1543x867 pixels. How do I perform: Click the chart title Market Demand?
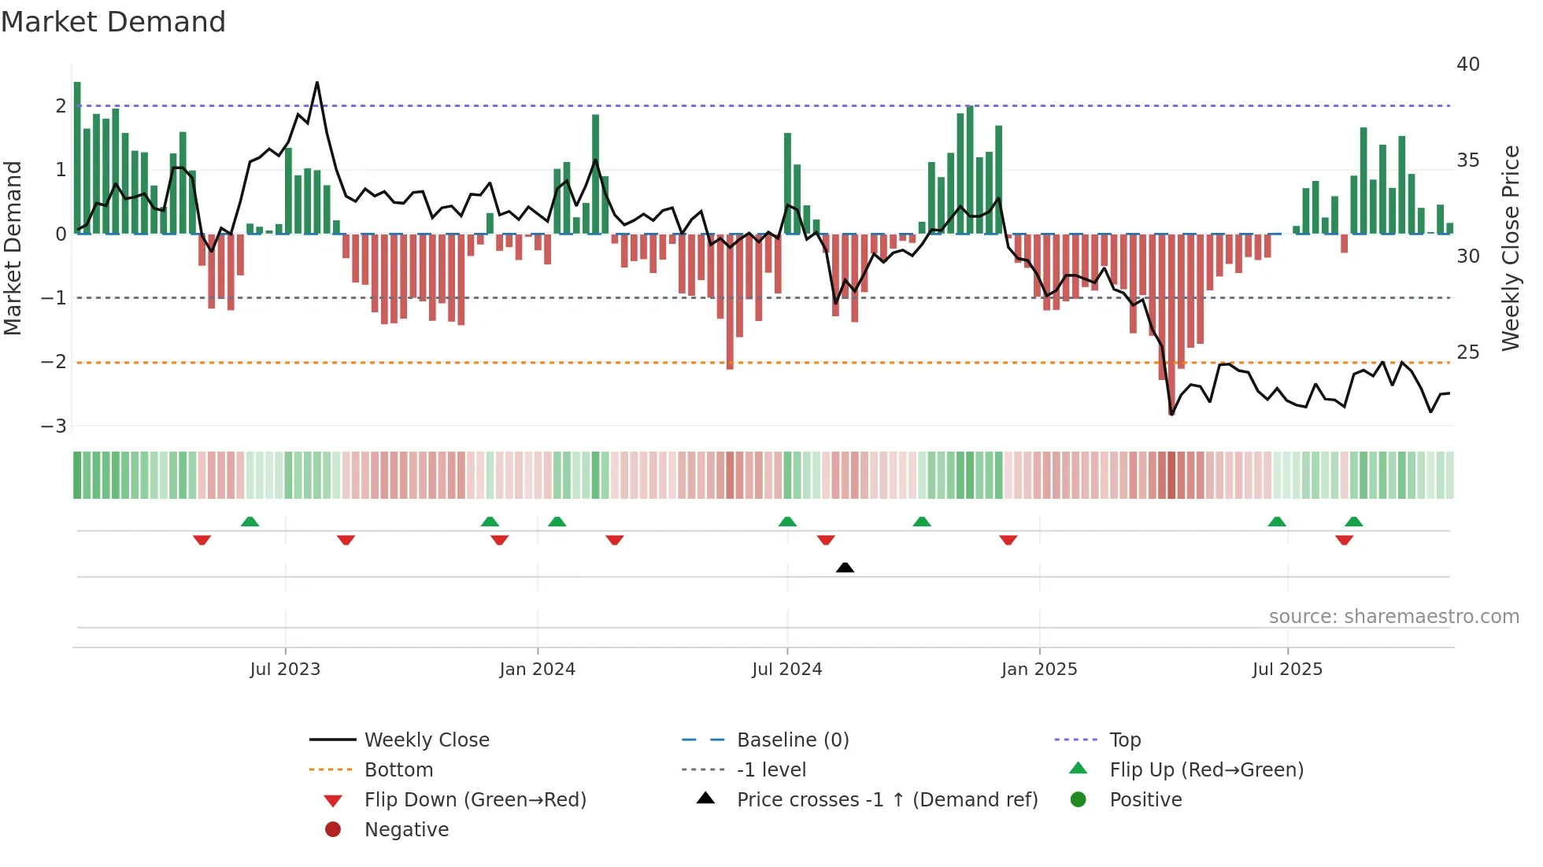pyautogui.click(x=113, y=22)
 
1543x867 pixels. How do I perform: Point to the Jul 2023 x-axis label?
pyautogui.click(x=285, y=670)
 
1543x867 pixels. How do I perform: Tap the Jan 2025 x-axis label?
pyautogui.click(x=1039, y=670)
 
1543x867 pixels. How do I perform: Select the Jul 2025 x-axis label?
pyautogui.click(x=1287, y=670)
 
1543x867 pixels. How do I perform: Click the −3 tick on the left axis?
pyautogui.click(x=54, y=426)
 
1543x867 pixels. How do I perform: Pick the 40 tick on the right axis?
pyautogui.click(x=1467, y=65)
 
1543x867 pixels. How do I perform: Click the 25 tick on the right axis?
pyautogui.click(x=1467, y=352)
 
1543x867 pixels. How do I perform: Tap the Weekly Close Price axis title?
pyautogui.click(x=1510, y=248)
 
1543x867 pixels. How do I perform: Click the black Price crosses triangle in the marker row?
pyautogui.click(x=845, y=567)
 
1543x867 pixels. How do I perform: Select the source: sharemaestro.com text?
pyautogui.click(x=1393, y=617)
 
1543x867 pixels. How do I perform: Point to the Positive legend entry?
pyautogui.click(x=1145, y=800)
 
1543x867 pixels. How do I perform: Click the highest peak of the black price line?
pyautogui.click(x=317, y=83)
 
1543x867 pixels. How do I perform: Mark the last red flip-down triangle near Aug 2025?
pyautogui.click(x=1344, y=540)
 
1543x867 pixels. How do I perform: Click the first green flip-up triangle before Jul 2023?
pyautogui.click(x=250, y=522)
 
